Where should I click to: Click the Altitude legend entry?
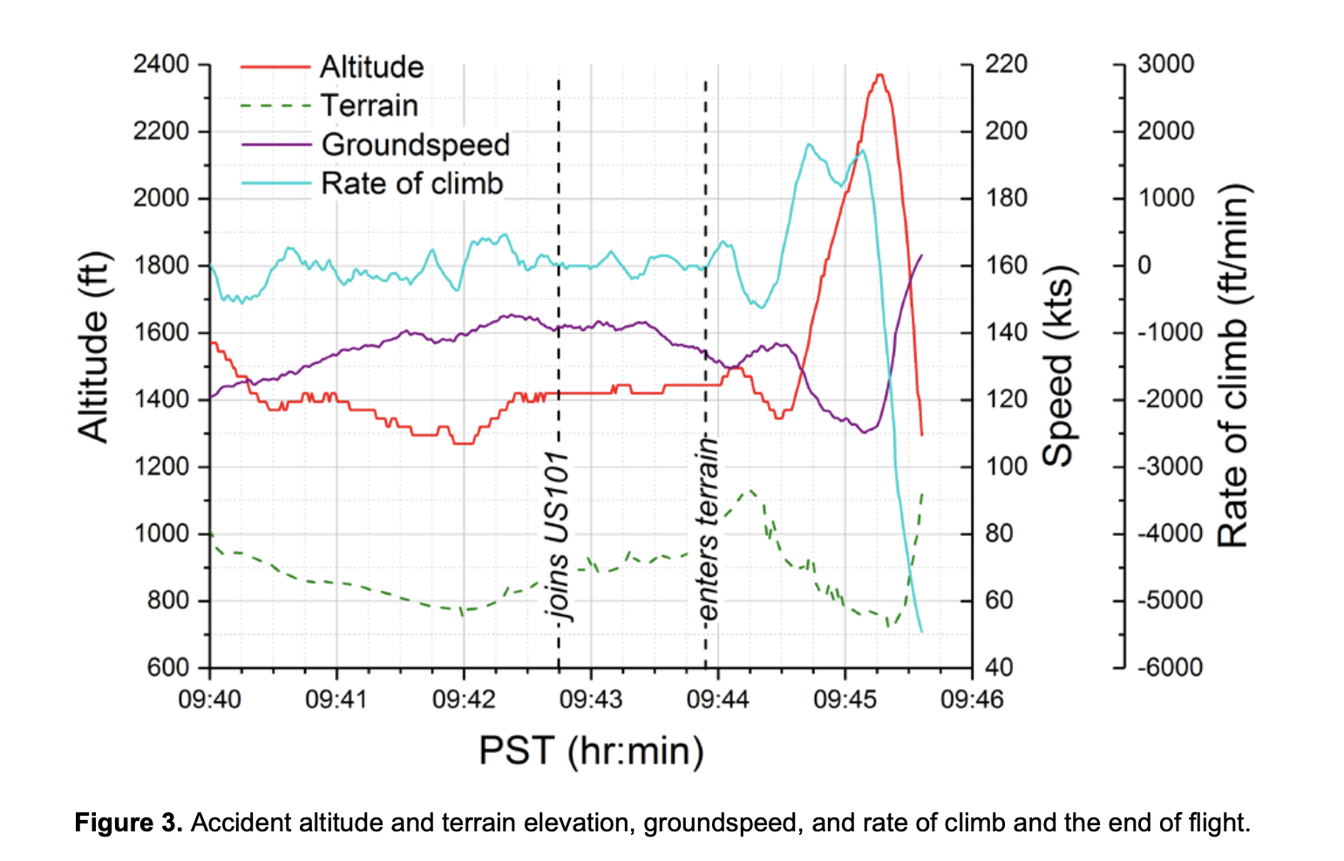click(x=371, y=67)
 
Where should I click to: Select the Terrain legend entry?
click(x=370, y=105)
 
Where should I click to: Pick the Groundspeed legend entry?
click(x=415, y=145)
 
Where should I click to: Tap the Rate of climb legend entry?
click(x=411, y=184)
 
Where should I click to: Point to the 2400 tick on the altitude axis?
click(x=161, y=64)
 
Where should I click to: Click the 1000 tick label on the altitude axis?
click(x=161, y=533)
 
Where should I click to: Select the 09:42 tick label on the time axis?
click(x=464, y=699)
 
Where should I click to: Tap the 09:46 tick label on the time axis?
click(x=972, y=699)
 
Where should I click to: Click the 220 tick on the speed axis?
click(x=1006, y=64)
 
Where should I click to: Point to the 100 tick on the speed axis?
click(x=1006, y=466)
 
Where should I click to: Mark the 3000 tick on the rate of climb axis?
click(x=1165, y=64)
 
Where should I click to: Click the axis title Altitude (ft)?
click(x=94, y=347)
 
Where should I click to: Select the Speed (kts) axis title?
click(x=1058, y=366)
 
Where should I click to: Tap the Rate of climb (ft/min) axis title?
click(x=1232, y=366)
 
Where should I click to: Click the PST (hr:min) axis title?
click(x=591, y=750)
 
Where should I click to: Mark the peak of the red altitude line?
click(x=880, y=75)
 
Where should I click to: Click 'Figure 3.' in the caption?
click(x=128, y=823)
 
